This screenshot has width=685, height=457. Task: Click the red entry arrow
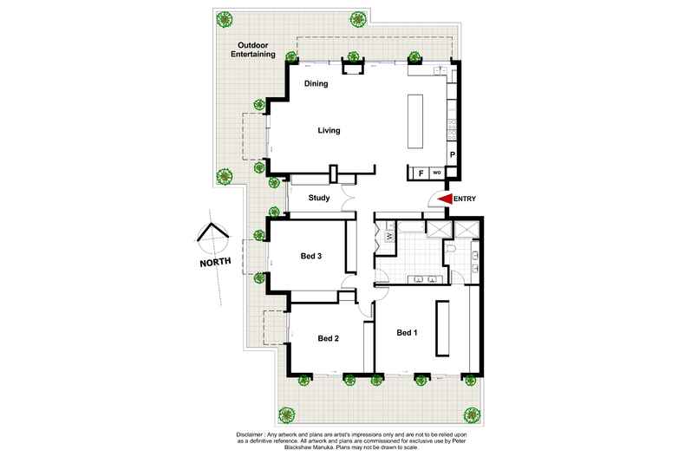pyautogui.click(x=445, y=199)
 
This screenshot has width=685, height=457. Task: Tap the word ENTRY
pyautogui.click(x=465, y=199)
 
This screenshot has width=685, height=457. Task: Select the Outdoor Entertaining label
pyautogui.click(x=253, y=49)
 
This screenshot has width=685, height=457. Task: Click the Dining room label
pyautogui.click(x=316, y=83)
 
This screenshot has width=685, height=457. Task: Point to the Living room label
pyautogui.click(x=329, y=130)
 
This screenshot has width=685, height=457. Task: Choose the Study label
pyautogui.click(x=319, y=198)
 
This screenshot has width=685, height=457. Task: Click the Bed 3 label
pyautogui.click(x=311, y=256)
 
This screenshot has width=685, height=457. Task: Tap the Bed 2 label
pyautogui.click(x=329, y=338)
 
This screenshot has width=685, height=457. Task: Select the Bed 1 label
pyautogui.click(x=407, y=333)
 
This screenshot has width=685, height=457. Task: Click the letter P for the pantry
pyautogui.click(x=453, y=154)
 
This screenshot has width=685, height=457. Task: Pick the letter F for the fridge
pyautogui.click(x=421, y=173)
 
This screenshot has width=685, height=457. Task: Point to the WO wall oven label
pyautogui.click(x=437, y=173)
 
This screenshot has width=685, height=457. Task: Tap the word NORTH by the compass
pyautogui.click(x=215, y=262)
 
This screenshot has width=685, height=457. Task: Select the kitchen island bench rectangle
pyautogui.click(x=415, y=122)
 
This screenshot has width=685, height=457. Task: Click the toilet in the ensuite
pyautogui.click(x=451, y=250)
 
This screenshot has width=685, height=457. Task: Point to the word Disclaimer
pyautogui.click(x=250, y=434)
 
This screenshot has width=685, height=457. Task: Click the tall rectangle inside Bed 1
pyautogui.click(x=442, y=329)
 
